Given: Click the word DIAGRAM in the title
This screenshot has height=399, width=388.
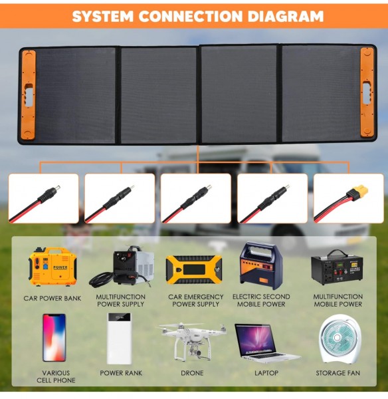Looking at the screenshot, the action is pos(286,16).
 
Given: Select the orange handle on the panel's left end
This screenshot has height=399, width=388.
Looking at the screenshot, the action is pos(28,95).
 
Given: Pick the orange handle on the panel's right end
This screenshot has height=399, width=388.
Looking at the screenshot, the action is pos(367,92).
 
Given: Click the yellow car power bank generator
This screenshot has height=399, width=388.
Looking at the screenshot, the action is pos(52,267).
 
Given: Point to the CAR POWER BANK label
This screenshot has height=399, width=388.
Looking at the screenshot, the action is pos(52,298).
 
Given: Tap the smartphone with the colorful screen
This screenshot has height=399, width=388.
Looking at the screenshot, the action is pos(54,337).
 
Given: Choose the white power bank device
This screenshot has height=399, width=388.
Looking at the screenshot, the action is pos(119,338).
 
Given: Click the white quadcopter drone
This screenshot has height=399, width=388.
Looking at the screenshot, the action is pos(192,340).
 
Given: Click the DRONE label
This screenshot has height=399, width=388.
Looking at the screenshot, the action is pos(192,373).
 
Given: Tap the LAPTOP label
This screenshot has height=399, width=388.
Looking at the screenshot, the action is pos(266,373).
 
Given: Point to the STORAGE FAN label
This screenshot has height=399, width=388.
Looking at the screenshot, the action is pos(338,373).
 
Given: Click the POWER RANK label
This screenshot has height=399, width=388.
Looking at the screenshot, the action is pos(121,373).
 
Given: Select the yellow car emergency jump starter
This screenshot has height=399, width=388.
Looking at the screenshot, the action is pos(194,270).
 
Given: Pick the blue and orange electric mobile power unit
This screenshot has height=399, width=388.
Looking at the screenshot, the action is pos(261,265).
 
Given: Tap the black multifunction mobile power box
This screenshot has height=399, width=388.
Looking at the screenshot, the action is pos(337,267).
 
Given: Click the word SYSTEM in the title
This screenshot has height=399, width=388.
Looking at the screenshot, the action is pos(103,16).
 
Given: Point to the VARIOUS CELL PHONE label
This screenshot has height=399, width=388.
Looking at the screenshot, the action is pos(56,376).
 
